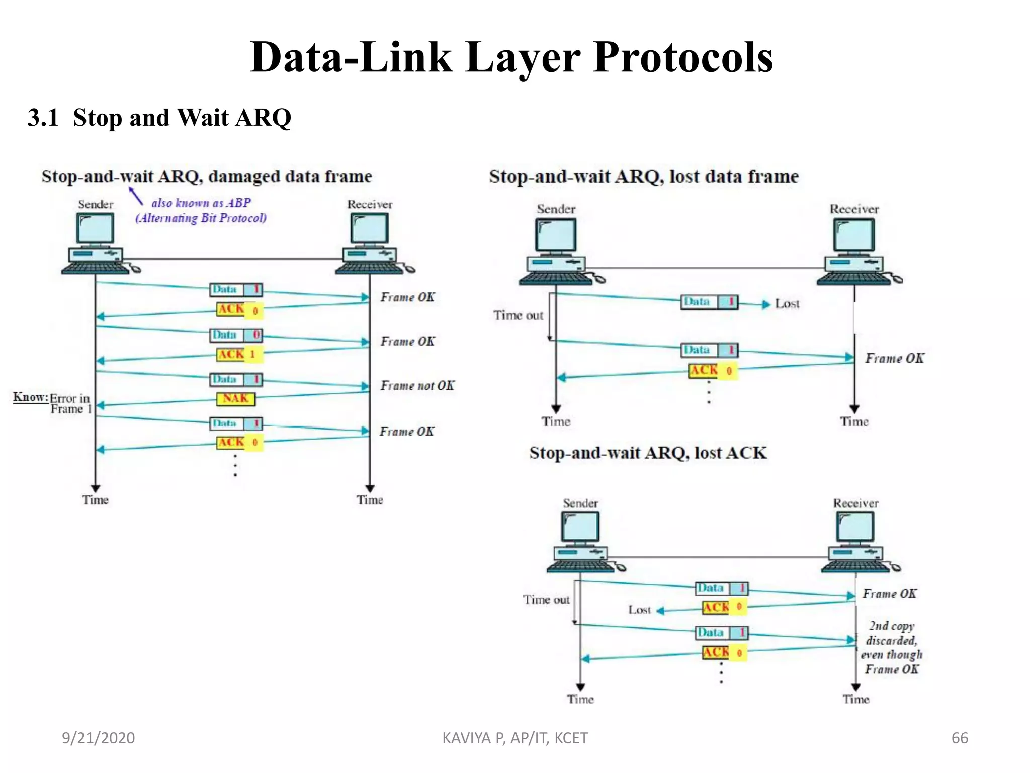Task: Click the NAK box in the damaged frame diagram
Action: click(x=235, y=398)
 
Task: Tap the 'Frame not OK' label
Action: click(x=417, y=385)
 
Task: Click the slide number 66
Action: click(x=960, y=738)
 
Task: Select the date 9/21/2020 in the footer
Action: click(x=98, y=738)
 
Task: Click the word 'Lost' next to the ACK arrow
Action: click(x=639, y=610)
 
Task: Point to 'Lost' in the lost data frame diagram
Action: click(x=787, y=304)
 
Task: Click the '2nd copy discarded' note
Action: click(x=892, y=647)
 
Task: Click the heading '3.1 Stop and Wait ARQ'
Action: click(x=159, y=118)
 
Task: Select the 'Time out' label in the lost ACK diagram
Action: click(x=546, y=600)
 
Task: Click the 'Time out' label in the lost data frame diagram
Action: click(x=518, y=315)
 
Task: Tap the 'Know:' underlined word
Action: click(x=30, y=397)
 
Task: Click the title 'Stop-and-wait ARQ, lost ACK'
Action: click(x=648, y=453)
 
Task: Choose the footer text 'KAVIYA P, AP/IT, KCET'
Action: click(x=514, y=738)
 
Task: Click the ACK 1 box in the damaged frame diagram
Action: click(x=239, y=354)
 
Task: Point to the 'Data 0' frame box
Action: click(x=235, y=335)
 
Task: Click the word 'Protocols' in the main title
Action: click(x=682, y=58)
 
